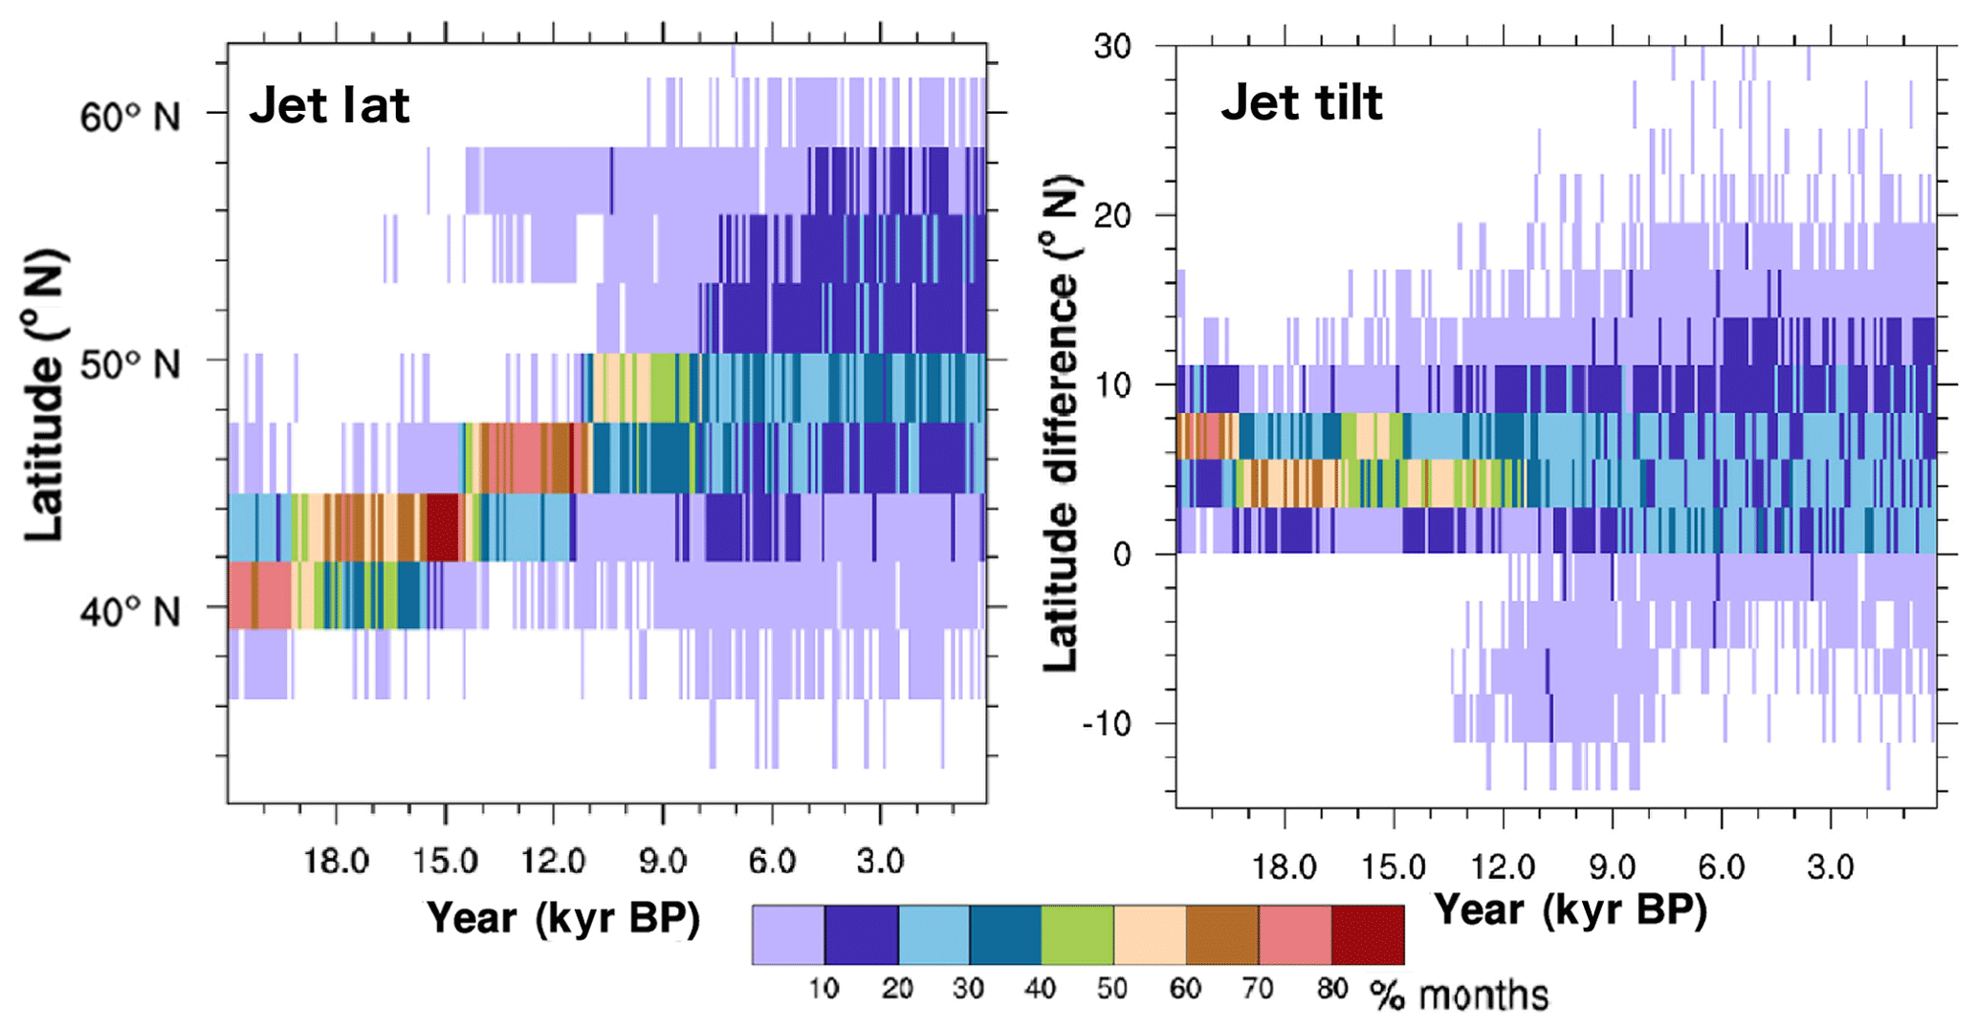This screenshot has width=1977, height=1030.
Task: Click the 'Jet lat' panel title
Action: [x=329, y=105]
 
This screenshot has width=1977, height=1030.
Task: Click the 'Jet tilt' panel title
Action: [x=1301, y=102]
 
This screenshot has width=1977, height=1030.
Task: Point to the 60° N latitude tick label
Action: [x=129, y=118]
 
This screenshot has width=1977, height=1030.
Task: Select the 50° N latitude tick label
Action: [x=129, y=364]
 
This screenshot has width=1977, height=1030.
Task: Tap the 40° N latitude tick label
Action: [x=129, y=611]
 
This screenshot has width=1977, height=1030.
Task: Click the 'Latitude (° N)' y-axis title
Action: [x=46, y=395]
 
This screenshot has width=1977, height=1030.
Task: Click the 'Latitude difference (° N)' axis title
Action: [x=1060, y=424]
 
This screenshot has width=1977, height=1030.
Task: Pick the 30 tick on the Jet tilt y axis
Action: [x=1112, y=46]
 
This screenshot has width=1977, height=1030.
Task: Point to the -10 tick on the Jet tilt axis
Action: [x=1107, y=724]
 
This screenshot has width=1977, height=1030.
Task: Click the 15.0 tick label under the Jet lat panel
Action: [x=445, y=862]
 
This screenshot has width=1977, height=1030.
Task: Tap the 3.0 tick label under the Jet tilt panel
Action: [x=1830, y=867]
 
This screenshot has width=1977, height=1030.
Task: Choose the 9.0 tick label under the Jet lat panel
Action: [x=662, y=862]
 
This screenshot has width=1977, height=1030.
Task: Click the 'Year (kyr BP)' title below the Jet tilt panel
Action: [x=1570, y=909]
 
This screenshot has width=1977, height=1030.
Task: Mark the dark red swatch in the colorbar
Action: [x=1368, y=935]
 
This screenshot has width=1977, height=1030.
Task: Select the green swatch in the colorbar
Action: [x=1077, y=935]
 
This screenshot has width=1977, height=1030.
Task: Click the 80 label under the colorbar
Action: [x=1331, y=989]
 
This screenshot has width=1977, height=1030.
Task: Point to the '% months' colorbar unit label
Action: [x=1459, y=996]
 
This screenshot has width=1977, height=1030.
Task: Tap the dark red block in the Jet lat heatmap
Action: [x=442, y=526]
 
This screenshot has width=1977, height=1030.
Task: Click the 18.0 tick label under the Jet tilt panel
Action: [x=1284, y=867]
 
